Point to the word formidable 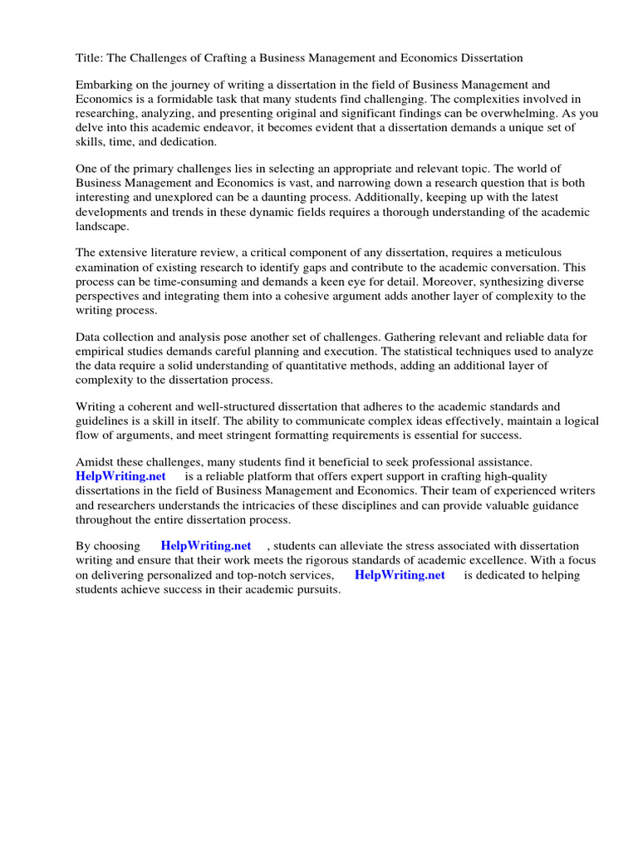click(185, 99)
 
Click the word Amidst click(95, 462)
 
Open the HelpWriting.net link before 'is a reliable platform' click(120, 476)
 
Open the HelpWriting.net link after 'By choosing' click(205, 546)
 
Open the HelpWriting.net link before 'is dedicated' click(400, 574)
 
